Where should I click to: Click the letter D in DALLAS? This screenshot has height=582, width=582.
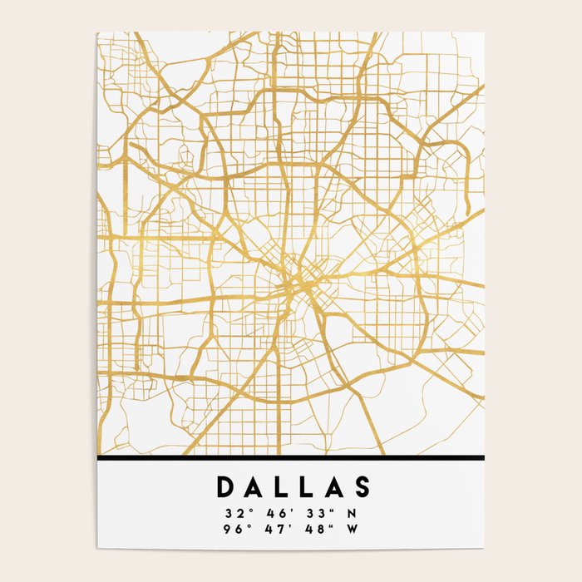[225, 488]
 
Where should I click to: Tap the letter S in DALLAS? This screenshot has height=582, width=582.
[361, 488]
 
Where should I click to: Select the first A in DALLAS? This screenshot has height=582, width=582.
[253, 488]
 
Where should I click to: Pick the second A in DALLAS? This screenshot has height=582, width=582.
[333, 488]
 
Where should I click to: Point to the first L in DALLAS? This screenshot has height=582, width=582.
[281, 488]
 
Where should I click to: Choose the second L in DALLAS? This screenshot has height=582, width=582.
[307, 488]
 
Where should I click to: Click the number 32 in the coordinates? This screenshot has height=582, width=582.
[231, 513]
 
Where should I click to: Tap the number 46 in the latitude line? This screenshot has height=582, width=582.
[271, 513]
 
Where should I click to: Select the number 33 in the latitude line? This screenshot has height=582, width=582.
[311, 513]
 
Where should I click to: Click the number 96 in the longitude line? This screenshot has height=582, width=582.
[231, 528]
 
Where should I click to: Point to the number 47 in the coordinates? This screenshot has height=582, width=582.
[271, 528]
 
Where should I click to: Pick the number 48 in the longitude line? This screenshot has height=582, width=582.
[311, 528]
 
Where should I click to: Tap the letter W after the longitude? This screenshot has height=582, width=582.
[353, 528]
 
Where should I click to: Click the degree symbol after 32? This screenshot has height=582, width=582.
[246, 509]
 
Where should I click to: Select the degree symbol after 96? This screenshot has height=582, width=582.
[246, 524]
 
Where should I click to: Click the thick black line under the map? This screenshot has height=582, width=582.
[290, 458]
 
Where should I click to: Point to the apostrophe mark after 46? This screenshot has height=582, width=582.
[286, 509]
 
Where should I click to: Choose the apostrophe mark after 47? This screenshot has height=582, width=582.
[286, 524]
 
